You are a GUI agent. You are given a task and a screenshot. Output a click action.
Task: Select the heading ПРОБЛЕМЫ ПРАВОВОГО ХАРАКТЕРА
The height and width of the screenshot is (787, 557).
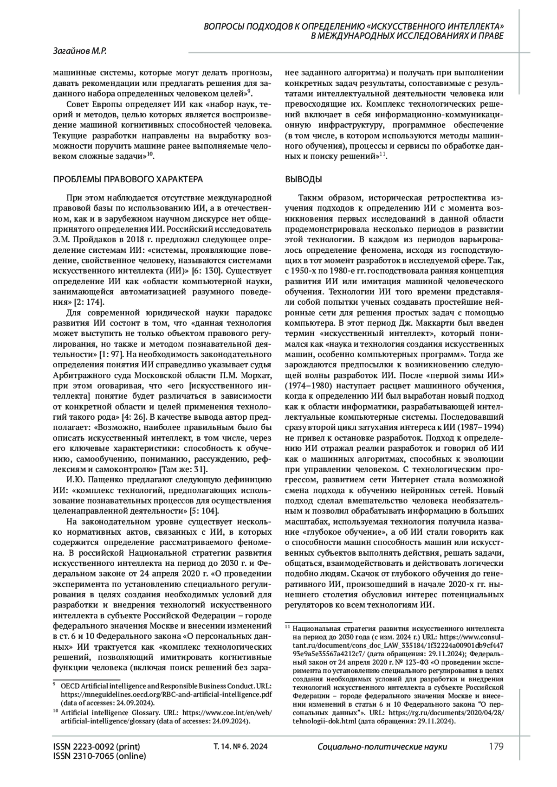coord(129,179)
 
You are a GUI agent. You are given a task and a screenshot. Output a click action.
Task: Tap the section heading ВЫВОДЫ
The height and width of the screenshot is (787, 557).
coord(303,179)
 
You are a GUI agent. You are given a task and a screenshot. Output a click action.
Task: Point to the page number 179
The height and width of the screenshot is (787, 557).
coord(496,747)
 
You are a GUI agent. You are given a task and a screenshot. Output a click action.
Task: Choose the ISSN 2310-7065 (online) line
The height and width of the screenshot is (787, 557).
coord(99,756)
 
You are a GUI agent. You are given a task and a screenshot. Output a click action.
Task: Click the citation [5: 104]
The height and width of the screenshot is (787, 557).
coord(204,511)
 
